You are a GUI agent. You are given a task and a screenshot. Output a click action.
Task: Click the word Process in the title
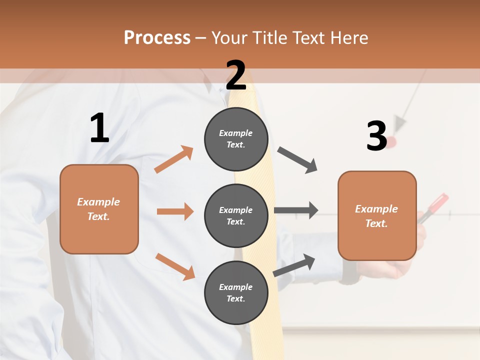pyautogui.click(x=157, y=38)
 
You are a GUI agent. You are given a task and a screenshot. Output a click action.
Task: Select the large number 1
pyautogui.click(x=99, y=128)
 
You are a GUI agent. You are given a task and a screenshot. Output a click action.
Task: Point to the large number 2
pyautogui.click(x=236, y=75)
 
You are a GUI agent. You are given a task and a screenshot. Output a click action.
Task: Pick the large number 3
pyautogui.click(x=376, y=136)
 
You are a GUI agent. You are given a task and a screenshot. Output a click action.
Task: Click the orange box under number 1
pyautogui.click(x=99, y=209)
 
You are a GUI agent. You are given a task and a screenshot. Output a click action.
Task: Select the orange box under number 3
pyautogui.click(x=377, y=216)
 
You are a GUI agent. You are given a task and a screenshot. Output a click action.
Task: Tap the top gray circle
pyautogui.click(x=236, y=139)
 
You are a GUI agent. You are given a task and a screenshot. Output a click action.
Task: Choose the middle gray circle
pyautogui.click(x=236, y=215)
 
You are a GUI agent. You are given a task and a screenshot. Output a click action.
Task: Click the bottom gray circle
pyautogui.click(x=236, y=292)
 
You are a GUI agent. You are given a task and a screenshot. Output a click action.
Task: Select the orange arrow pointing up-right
pyautogui.click(x=174, y=159)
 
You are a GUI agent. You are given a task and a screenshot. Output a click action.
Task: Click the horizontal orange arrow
pyautogui.click(x=175, y=211)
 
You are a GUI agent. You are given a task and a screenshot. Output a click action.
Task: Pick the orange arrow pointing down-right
pyautogui.click(x=175, y=266)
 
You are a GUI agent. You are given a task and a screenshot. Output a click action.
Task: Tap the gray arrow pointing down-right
pyautogui.click(x=297, y=160)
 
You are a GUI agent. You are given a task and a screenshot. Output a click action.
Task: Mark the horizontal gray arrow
pyautogui.click(x=296, y=210)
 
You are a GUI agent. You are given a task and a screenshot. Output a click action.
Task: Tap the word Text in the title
pyautogui.click(x=308, y=38)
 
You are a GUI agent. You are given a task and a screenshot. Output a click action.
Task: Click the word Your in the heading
pyautogui.click(x=229, y=38)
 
